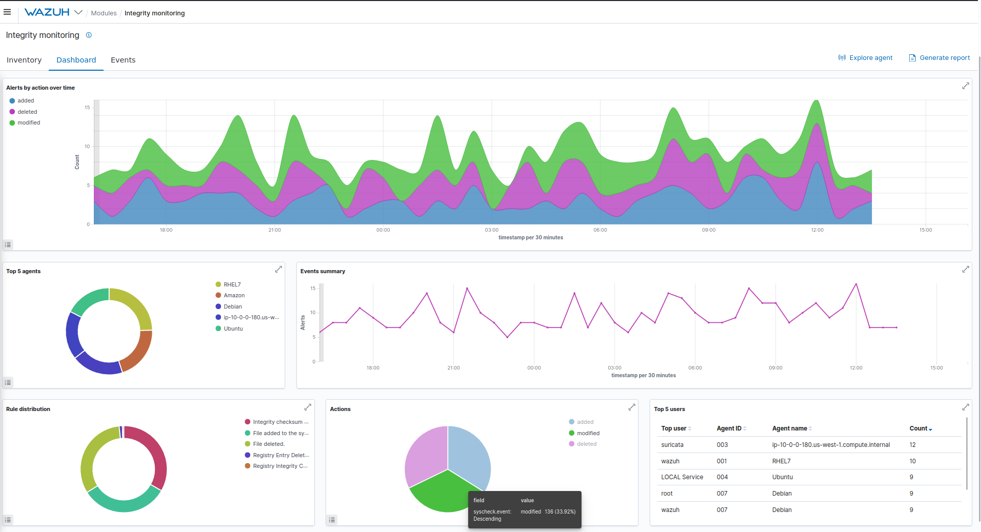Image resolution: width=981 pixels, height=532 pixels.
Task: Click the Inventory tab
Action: point(24,60)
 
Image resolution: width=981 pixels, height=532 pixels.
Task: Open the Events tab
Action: point(123,60)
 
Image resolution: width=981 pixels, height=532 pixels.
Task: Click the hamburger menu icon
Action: point(7,12)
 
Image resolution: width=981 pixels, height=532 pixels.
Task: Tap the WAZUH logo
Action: point(47,12)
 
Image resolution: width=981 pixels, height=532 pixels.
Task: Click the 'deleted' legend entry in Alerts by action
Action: point(27,112)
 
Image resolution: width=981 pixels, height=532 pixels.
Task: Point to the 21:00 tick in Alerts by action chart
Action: point(274,230)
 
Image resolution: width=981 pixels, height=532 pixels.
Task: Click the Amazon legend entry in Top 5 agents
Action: point(234,296)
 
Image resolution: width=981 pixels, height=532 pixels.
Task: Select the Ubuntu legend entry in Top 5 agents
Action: point(233,329)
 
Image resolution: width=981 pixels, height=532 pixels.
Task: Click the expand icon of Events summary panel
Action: point(966,270)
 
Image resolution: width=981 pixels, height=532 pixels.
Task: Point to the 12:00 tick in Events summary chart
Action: point(856,368)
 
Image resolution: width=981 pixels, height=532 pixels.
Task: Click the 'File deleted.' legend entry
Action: point(268,444)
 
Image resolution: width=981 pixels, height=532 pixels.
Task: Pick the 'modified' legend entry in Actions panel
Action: point(588,434)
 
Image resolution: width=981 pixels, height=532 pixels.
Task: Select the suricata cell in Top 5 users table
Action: point(672,445)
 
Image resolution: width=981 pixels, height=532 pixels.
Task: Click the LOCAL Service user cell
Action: point(682,477)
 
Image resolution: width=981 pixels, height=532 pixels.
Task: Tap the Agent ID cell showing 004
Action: point(722,477)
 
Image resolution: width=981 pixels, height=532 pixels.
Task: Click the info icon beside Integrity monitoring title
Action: point(89,35)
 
